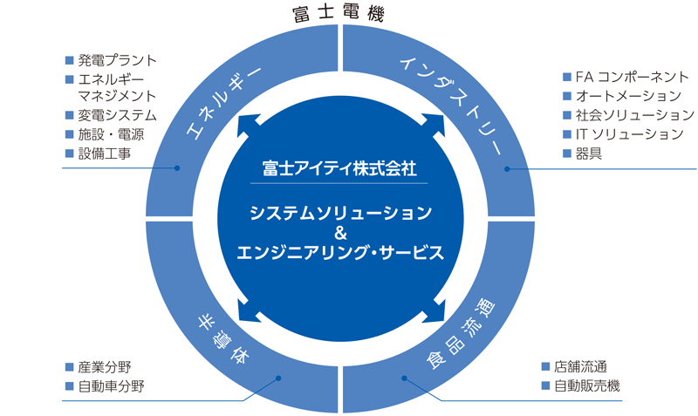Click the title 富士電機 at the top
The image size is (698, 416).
coord(339,13)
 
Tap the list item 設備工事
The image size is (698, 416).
coord(104,153)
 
